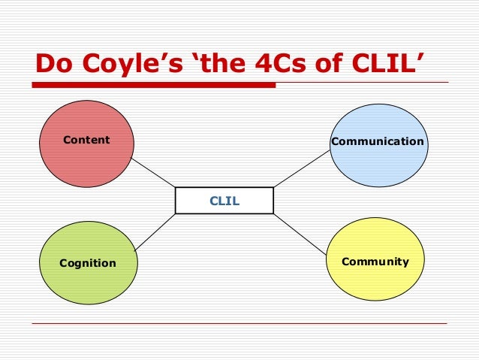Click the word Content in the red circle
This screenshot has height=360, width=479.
coord(86,140)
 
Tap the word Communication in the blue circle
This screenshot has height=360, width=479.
coord(378,141)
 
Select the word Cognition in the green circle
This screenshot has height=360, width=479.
coord(88,263)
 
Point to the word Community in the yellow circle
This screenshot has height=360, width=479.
coord(375,262)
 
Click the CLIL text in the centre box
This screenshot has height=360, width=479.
coord(224,201)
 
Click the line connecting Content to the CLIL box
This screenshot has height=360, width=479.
coord(154,173)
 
